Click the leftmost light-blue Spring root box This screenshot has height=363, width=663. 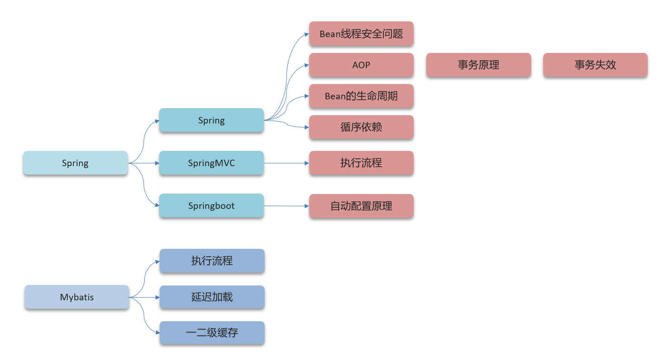tap(75, 163)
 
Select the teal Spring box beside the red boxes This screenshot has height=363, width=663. tap(211, 120)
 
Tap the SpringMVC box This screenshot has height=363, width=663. tap(211, 163)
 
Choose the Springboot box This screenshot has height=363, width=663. tap(211, 206)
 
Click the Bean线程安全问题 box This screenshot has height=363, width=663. tap(361, 34)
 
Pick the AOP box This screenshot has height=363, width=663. tap(361, 65)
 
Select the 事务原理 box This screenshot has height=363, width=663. tap(478, 65)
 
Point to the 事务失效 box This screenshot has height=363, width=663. tap(595, 65)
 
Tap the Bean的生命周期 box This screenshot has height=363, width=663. tap(361, 96)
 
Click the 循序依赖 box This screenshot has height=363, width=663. tap(361, 127)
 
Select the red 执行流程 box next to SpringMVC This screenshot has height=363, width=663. tap(361, 163)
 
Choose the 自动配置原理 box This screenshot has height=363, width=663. tap(361, 206)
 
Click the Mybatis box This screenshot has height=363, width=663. tap(77, 297)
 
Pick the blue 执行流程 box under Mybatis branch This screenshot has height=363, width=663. tap(212, 261)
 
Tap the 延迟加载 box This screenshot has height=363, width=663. tap(212, 297)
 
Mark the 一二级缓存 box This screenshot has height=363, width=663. tap(212, 333)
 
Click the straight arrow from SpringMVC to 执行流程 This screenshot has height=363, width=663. tap(286, 163)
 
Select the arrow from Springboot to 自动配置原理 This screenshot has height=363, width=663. tap(286, 206)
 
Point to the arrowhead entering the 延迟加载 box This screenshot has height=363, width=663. tap(157, 297)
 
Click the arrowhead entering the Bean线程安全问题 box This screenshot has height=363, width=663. tap(306, 34)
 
